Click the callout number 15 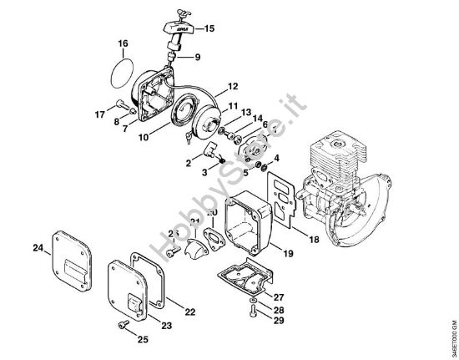(209, 28)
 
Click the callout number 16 (123, 43)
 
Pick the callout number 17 (99, 114)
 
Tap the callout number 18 (314, 240)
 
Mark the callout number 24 (37, 247)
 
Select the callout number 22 (190, 311)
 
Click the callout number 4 (277, 156)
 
